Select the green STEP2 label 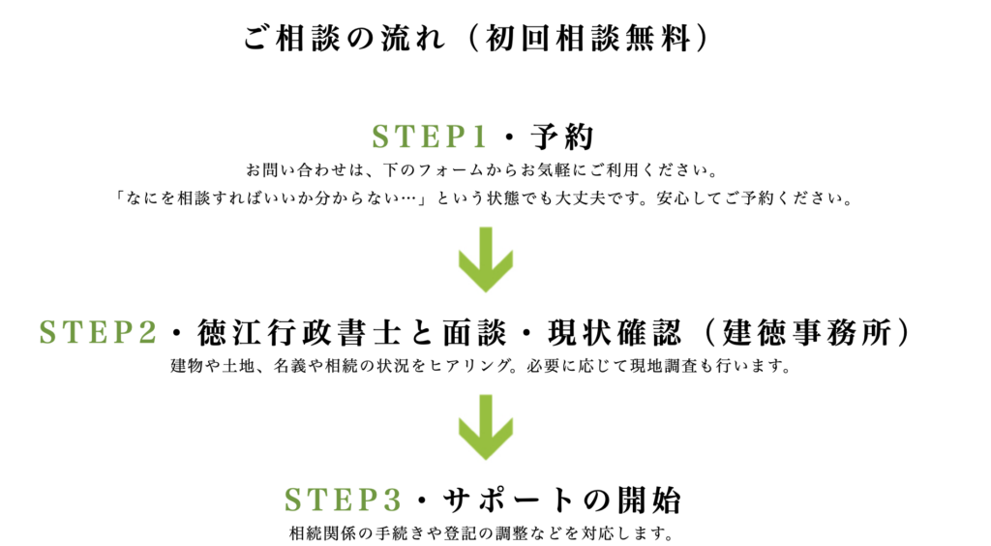click(x=98, y=332)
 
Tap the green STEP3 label click(x=343, y=500)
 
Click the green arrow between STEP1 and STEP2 click(x=485, y=258)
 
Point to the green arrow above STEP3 click(x=485, y=428)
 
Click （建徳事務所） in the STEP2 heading click(x=807, y=332)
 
